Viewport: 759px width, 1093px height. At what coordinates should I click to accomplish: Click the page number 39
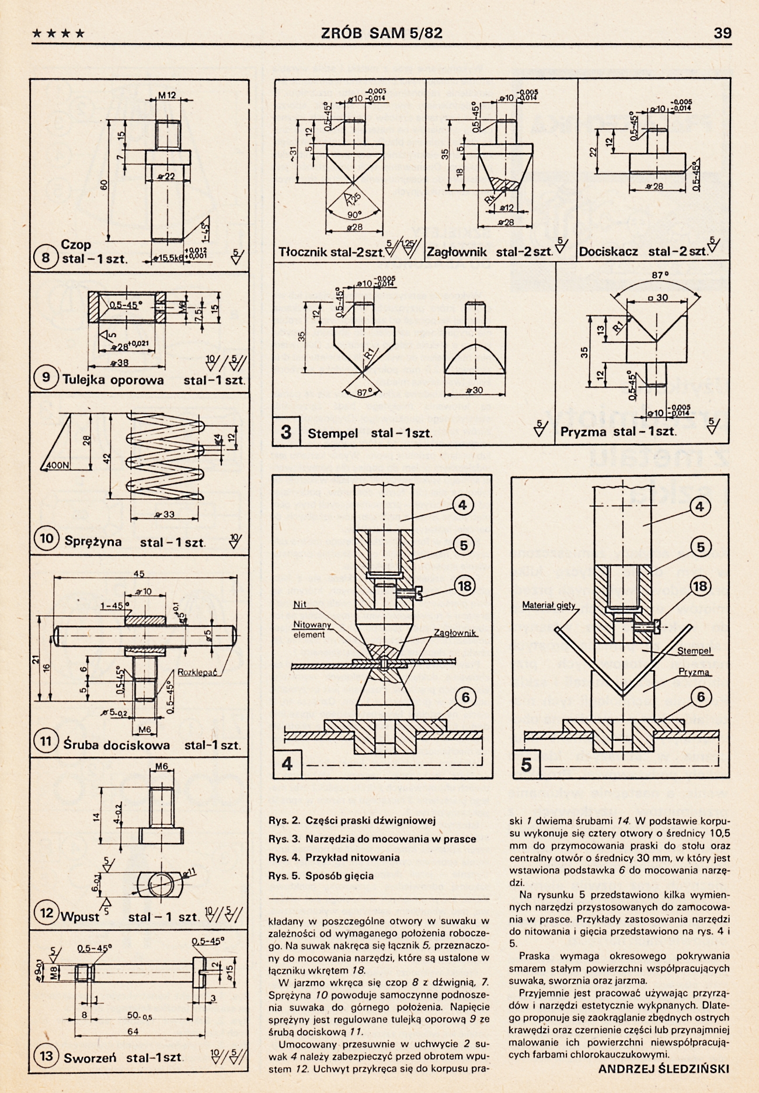pyautogui.click(x=722, y=33)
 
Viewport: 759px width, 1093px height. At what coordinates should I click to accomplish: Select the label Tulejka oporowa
pyautogui.click(x=113, y=380)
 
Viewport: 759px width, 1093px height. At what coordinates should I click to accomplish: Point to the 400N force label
pyautogui.click(x=57, y=466)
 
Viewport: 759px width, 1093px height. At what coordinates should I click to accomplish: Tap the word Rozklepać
pyautogui.click(x=197, y=672)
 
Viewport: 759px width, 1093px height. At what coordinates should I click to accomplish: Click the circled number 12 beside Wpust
pyautogui.click(x=46, y=913)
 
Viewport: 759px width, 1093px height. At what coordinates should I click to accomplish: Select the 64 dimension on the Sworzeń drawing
pyautogui.click(x=133, y=1032)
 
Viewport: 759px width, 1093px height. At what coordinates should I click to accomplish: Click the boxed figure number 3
pyautogui.click(x=286, y=432)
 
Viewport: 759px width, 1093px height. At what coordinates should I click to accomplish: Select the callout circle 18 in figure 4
pyautogui.click(x=465, y=586)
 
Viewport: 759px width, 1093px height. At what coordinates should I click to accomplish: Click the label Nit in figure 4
pyautogui.click(x=300, y=605)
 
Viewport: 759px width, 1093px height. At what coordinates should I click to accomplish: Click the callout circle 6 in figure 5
pyautogui.click(x=701, y=697)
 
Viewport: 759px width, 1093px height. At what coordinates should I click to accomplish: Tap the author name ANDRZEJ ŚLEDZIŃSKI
pyautogui.click(x=664, y=1069)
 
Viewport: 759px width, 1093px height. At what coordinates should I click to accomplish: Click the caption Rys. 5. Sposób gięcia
pyautogui.click(x=321, y=876)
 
